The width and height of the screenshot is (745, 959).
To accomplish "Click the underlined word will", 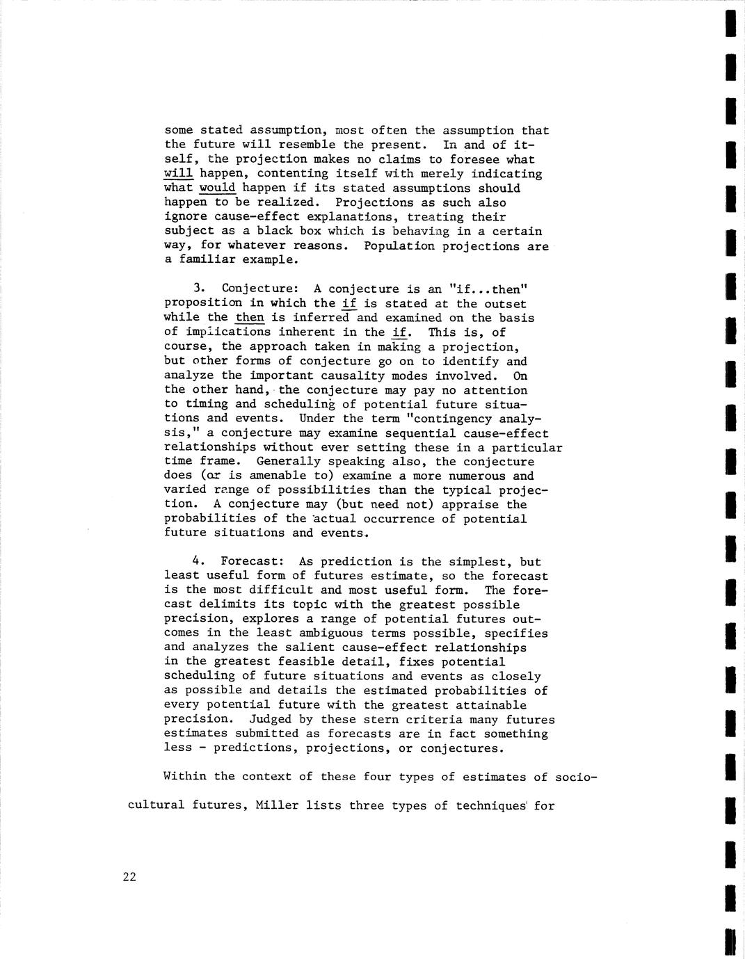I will click(x=178, y=174).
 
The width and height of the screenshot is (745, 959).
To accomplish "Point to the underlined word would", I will click(x=217, y=188).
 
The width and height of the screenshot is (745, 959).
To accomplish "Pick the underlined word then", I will click(x=250, y=318).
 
